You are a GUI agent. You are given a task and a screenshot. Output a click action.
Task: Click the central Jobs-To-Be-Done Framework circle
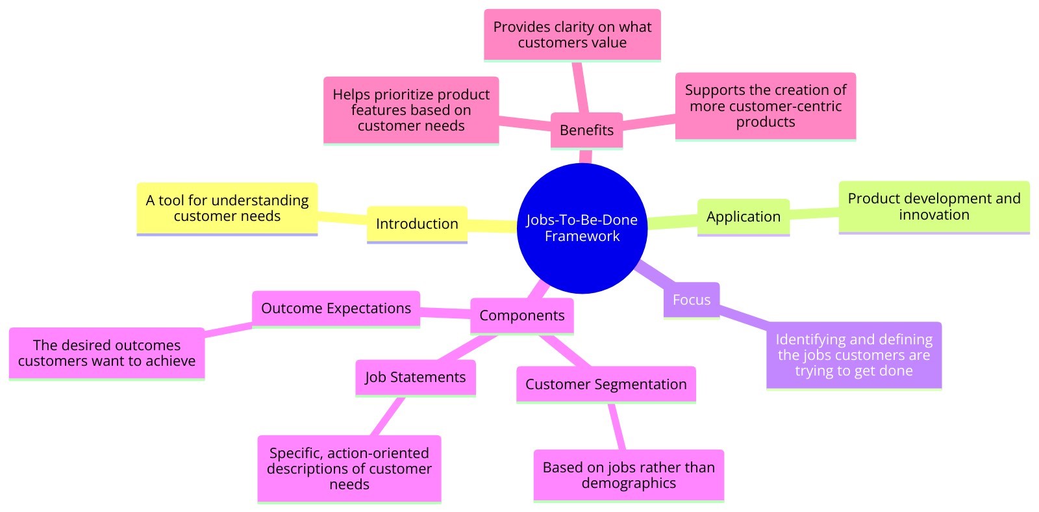pos(582,227)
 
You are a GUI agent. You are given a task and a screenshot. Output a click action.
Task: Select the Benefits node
pos(586,130)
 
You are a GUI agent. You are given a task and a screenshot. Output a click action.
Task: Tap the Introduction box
pos(417,224)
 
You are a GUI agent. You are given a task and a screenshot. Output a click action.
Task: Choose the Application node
pos(743,216)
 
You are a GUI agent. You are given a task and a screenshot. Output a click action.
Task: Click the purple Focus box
pos(692,300)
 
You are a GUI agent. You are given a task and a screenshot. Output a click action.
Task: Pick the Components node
pos(521,316)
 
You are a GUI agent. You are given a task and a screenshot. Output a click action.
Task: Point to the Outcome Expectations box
pos(336,308)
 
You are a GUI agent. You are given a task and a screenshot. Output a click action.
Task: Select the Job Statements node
pos(415,378)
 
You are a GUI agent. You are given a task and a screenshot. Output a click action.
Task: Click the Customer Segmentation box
pos(605,384)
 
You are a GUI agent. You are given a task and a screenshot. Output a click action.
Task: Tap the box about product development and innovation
pos(934,207)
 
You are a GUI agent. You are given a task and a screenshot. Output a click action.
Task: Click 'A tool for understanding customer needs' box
pos(227,208)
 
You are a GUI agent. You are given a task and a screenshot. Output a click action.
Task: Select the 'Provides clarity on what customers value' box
pos(572,34)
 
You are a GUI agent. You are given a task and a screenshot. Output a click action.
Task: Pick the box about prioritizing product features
pos(411,110)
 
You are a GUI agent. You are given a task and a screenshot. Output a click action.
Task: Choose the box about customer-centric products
pos(765,106)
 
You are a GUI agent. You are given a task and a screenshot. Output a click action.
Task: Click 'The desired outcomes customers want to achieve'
pos(106,353)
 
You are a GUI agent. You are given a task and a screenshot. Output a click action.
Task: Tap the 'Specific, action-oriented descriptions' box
pos(349,468)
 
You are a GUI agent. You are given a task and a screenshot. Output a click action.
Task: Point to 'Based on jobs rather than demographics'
pos(628,475)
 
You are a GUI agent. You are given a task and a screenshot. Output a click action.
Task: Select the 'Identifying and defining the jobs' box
pos(853,355)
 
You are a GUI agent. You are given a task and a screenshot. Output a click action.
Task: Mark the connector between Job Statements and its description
pos(388,416)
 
